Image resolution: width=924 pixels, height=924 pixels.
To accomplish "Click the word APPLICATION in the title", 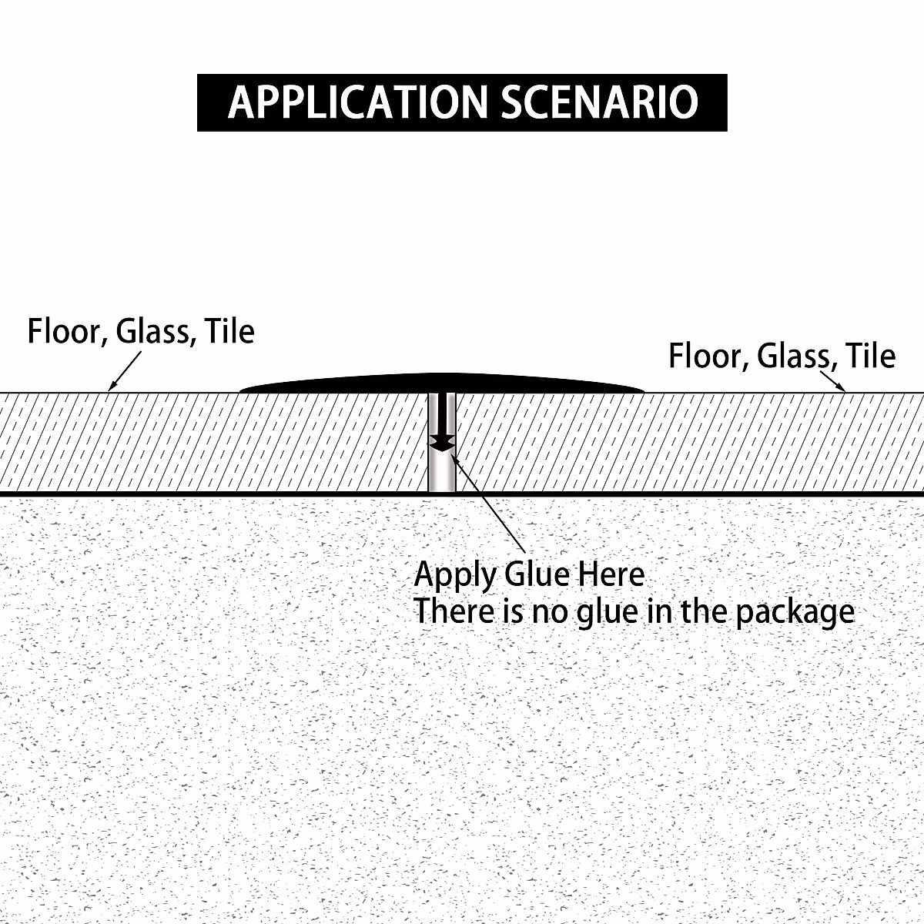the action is click(x=358, y=102).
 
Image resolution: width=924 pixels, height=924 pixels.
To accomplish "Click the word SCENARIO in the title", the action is click(x=599, y=102).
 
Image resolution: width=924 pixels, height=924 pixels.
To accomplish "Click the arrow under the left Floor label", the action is click(x=125, y=371).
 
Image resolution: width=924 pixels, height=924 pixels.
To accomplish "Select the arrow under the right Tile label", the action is click(x=832, y=382).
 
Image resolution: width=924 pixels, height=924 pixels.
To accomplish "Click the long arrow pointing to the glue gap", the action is click(x=488, y=503).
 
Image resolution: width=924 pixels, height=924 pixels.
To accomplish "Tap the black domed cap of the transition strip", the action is click(x=442, y=383).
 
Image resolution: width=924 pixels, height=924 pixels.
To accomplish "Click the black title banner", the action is click(x=462, y=102).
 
